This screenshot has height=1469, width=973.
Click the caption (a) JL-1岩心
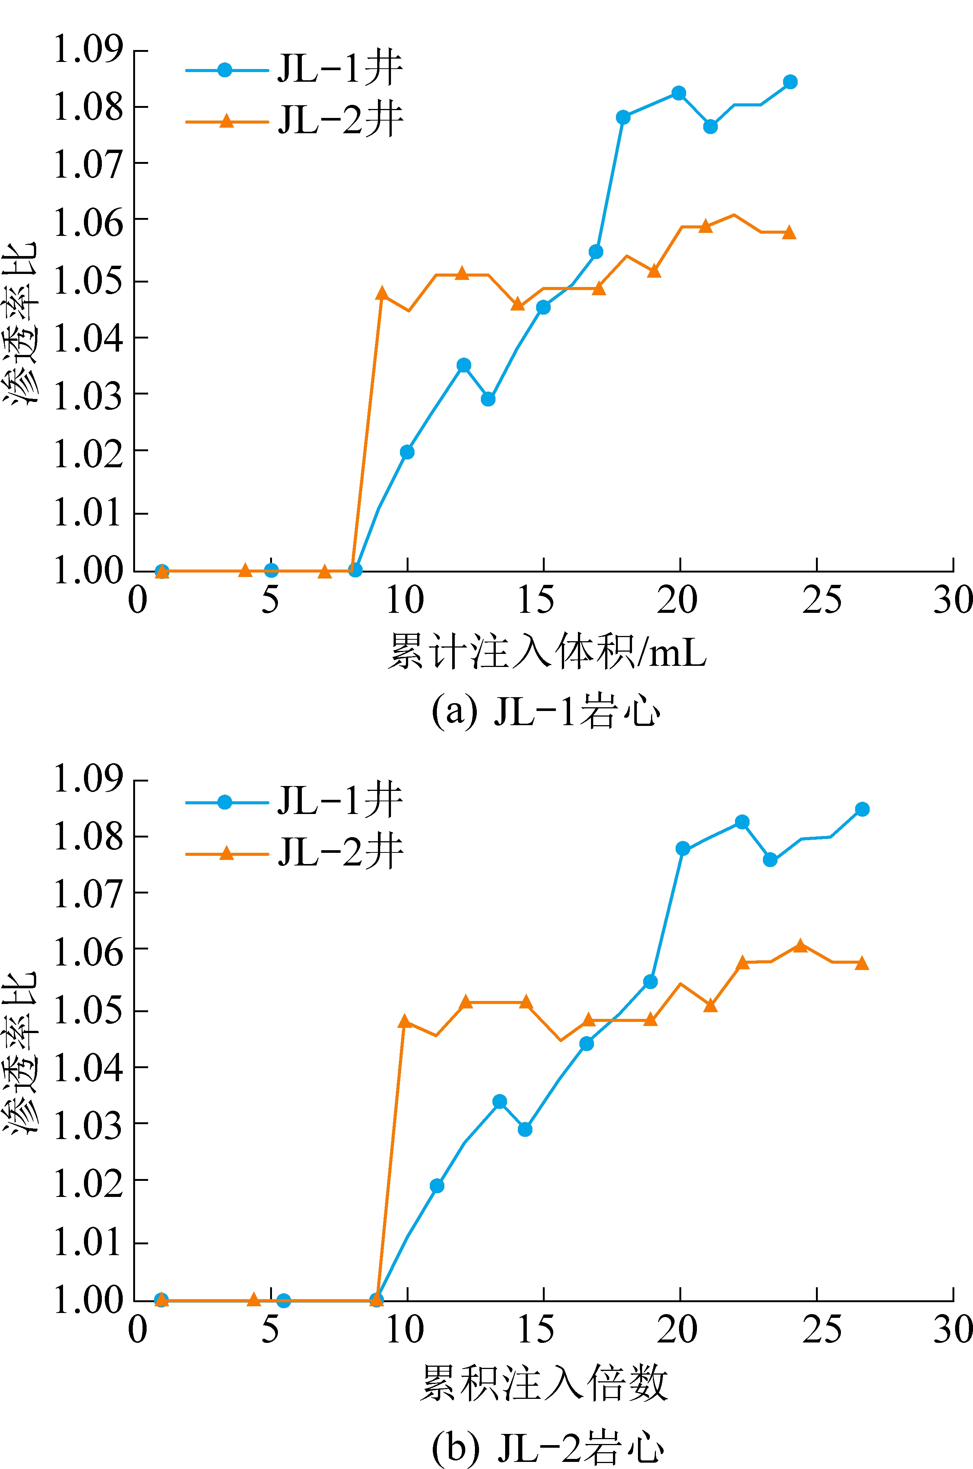coord(546,711)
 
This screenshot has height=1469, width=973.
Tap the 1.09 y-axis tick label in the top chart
coord(89,50)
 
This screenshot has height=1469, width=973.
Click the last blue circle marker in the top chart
coord(790,82)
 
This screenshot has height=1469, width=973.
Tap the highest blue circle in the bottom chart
coord(862,809)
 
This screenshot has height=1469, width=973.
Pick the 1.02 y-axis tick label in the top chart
coord(89,454)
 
